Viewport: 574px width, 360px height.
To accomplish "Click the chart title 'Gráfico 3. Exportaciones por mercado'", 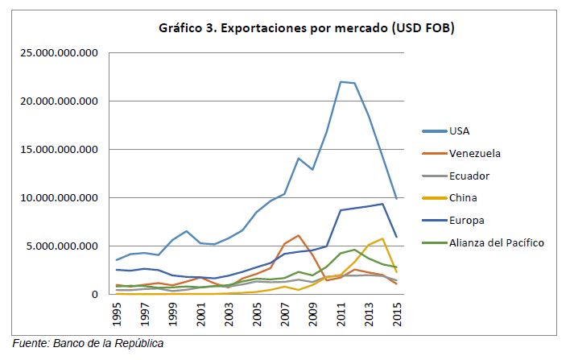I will click(x=305, y=30).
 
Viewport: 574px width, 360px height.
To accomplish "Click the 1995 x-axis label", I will click(x=117, y=314).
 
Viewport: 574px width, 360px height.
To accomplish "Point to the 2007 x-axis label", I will click(x=284, y=314).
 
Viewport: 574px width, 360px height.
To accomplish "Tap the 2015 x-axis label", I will click(x=396, y=314).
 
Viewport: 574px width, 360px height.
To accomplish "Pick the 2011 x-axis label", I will click(x=340, y=314).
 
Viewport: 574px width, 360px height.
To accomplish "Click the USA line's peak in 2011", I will click(x=341, y=81).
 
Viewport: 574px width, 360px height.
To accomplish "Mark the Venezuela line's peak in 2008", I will click(x=299, y=235).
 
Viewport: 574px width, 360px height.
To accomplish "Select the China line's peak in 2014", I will click(x=382, y=238).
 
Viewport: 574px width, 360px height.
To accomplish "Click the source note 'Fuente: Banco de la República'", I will click(x=88, y=344).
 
